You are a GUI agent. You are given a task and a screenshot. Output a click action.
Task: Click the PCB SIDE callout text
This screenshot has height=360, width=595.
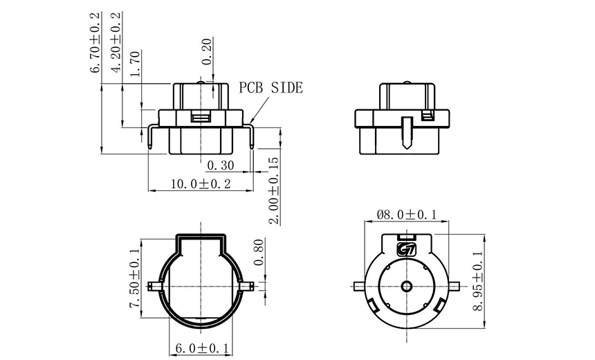271,88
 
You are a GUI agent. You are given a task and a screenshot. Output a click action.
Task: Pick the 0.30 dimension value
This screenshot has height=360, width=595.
221,165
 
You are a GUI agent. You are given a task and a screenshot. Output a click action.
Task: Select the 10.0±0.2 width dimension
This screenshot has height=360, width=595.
191,183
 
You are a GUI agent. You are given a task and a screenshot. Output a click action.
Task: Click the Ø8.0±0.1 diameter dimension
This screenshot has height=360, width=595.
407,215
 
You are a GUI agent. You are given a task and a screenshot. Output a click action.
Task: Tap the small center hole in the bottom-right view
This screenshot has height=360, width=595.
406,286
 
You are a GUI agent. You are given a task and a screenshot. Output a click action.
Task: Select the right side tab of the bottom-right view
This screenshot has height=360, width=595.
455,286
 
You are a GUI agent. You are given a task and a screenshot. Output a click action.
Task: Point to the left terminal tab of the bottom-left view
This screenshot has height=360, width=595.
155,285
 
